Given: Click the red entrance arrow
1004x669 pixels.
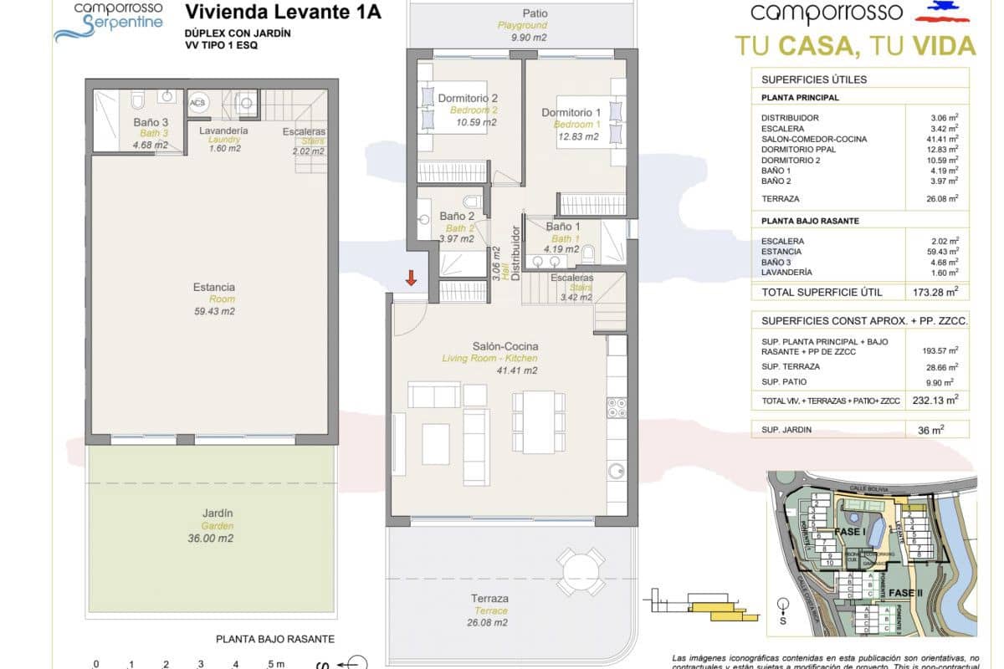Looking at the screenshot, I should coord(411,278).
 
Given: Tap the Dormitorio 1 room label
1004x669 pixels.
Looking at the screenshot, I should coord(571,113).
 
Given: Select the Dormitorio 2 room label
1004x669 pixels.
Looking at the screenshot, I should coord(468,98).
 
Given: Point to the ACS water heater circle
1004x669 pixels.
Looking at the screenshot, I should coord(198,103).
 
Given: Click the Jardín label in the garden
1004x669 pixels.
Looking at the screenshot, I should coord(218,513).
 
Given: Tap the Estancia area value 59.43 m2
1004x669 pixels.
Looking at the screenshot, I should coord(214,311).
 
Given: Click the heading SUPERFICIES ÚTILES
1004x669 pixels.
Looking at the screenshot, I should coord(802,79).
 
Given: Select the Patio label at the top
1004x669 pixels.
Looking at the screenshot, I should coord(535,13).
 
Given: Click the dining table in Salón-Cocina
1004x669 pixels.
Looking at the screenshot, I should coord(539,421).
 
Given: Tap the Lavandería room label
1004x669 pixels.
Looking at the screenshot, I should coord(223,131).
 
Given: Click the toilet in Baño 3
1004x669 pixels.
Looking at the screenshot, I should coord(138,102).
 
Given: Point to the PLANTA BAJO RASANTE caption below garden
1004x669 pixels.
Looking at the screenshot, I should coord(275,639).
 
